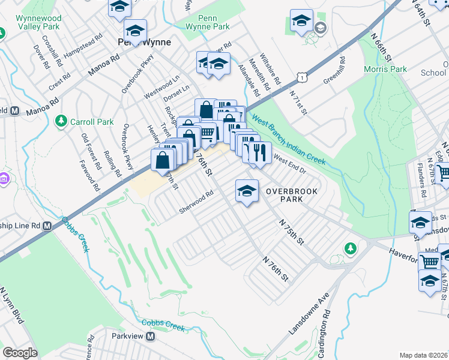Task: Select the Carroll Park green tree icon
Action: (61, 122)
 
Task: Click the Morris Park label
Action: (385, 69)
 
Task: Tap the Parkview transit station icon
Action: (151, 337)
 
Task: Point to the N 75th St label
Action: (292, 230)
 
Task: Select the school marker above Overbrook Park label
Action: (247, 191)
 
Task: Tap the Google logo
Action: (20, 353)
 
